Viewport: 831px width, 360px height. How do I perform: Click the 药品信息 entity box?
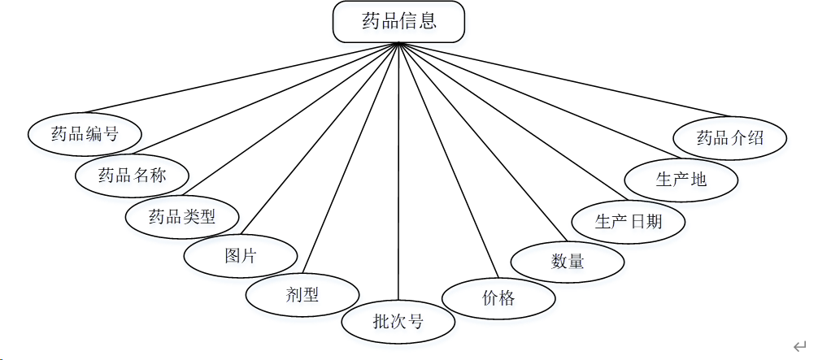click(x=398, y=22)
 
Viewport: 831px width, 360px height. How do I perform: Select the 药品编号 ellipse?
click(x=85, y=134)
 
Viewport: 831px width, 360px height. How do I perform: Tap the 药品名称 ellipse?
click(x=132, y=175)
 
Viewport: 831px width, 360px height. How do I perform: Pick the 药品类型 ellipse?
click(x=182, y=216)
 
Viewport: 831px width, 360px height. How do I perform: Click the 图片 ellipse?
click(x=241, y=256)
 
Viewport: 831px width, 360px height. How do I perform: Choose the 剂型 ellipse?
click(x=302, y=295)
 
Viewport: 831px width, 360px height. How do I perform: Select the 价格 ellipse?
click(x=498, y=298)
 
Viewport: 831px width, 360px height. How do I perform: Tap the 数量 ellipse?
click(x=568, y=261)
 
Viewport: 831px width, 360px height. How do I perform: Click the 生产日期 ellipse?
click(x=629, y=220)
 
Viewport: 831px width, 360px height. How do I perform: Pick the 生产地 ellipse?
click(x=681, y=179)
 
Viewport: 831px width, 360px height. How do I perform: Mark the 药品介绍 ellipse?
click(x=730, y=137)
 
